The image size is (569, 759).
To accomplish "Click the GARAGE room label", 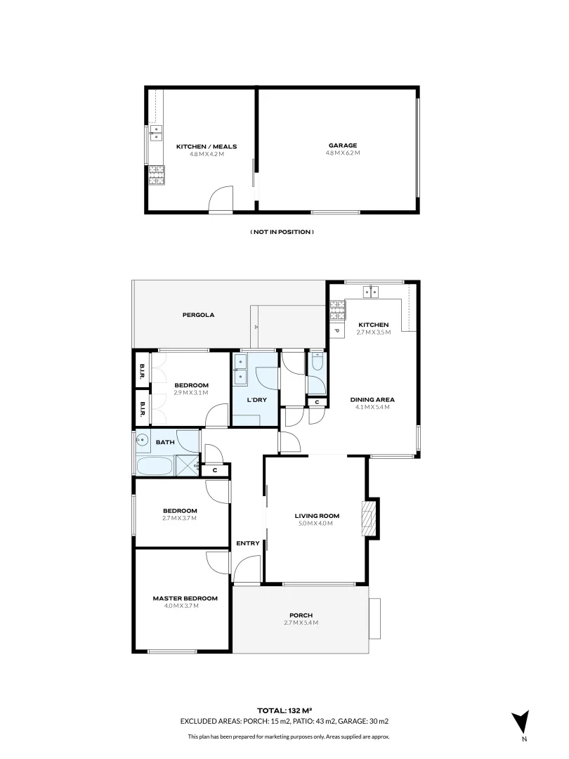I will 341,145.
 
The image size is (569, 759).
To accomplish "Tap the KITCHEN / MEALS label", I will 207,147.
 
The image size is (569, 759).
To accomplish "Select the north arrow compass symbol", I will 521,723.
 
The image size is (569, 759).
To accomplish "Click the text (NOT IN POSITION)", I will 282,232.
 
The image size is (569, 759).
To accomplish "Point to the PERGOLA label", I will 198,315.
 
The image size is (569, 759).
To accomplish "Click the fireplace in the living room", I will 368,519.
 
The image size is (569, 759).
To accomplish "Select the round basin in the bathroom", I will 143,441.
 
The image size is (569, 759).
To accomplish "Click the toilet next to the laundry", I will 316,363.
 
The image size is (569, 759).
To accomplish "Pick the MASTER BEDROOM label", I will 185,599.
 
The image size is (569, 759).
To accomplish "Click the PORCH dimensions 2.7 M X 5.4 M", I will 301,623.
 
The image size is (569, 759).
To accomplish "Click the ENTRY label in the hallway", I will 248,543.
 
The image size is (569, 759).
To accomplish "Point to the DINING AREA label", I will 369,400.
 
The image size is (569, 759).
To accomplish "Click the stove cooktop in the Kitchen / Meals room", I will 156,176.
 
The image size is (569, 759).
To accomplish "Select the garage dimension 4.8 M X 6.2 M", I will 342,153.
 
